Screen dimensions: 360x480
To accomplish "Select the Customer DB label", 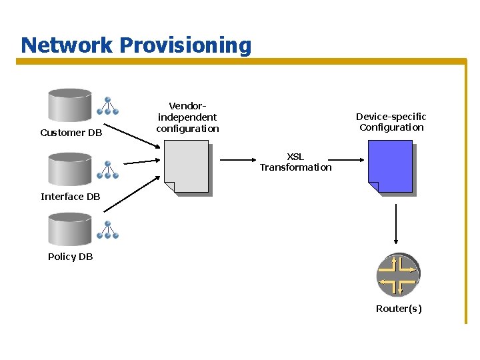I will [71, 133].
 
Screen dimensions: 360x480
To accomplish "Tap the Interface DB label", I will [71, 197].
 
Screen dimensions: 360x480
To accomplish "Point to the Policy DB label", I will [71, 257].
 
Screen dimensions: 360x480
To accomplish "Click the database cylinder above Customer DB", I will [70, 105].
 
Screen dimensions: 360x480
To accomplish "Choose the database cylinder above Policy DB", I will [70, 228].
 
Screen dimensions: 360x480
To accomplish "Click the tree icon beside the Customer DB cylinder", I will [107, 107].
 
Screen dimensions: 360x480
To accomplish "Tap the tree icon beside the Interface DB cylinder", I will [107, 170].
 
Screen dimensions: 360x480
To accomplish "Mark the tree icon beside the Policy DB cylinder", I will [107, 230].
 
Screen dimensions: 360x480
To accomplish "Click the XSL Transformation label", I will [295, 162].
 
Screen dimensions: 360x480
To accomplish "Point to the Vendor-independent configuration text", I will [187, 117].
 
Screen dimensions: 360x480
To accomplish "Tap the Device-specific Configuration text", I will [391, 122].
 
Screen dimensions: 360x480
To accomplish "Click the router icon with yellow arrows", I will [397, 275].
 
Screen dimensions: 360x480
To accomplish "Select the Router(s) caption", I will [399, 309].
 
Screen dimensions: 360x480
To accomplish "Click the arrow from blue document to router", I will [397, 223].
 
